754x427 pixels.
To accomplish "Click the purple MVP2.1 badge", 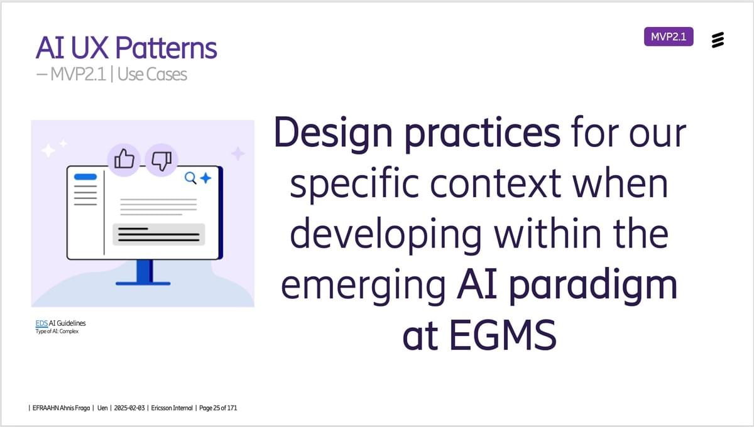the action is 669,36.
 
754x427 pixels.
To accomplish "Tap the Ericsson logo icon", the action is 718,40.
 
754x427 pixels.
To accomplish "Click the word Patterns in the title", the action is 166,48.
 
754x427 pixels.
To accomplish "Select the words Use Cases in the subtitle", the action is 152,74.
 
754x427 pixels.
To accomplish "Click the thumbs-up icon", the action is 124,159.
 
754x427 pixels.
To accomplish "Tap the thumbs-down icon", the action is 162,161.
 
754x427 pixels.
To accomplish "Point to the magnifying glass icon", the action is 190,178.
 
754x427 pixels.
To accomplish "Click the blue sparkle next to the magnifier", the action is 205,178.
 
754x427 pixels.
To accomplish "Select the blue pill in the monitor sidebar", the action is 85,177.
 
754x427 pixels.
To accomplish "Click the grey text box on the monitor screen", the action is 158,234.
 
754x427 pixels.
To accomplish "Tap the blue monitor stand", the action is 144,273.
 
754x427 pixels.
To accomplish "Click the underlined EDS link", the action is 41,323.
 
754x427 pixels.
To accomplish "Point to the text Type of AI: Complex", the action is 57,332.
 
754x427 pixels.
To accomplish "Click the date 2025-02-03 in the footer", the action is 129,408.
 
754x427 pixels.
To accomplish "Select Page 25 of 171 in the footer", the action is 218,408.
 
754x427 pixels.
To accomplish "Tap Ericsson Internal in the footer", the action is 172,408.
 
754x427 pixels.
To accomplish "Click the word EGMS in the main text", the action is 503,335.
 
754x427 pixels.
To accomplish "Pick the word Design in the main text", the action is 333,134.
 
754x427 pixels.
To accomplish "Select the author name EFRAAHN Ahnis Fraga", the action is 62,408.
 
